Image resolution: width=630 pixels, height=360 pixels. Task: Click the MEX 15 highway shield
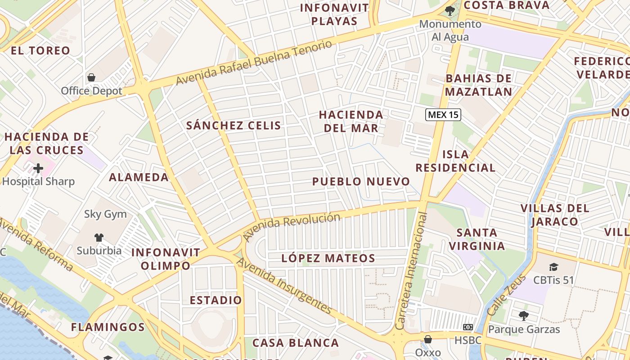443,115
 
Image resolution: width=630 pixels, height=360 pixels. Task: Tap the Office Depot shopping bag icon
91,77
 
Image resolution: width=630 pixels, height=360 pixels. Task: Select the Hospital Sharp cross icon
38,168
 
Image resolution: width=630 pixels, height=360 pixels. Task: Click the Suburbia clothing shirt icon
99,237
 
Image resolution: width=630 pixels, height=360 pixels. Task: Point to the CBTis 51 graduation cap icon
553,267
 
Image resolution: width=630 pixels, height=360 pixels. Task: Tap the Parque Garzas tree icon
524,316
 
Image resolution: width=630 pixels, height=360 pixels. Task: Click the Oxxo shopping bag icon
428,339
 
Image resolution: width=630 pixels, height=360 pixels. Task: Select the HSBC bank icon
468,327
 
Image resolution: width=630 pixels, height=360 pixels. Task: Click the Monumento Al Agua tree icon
449,10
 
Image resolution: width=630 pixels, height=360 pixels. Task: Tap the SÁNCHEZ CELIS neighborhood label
234,126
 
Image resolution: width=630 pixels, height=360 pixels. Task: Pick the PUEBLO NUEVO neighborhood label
361,182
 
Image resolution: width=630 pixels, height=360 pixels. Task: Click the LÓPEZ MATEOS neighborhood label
328,258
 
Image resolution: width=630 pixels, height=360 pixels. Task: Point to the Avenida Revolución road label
291,226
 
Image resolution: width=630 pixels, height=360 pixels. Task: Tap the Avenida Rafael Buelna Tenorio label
254,62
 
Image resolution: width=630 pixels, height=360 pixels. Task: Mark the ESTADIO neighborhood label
216,300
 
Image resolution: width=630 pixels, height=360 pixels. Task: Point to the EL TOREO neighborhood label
40,51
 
